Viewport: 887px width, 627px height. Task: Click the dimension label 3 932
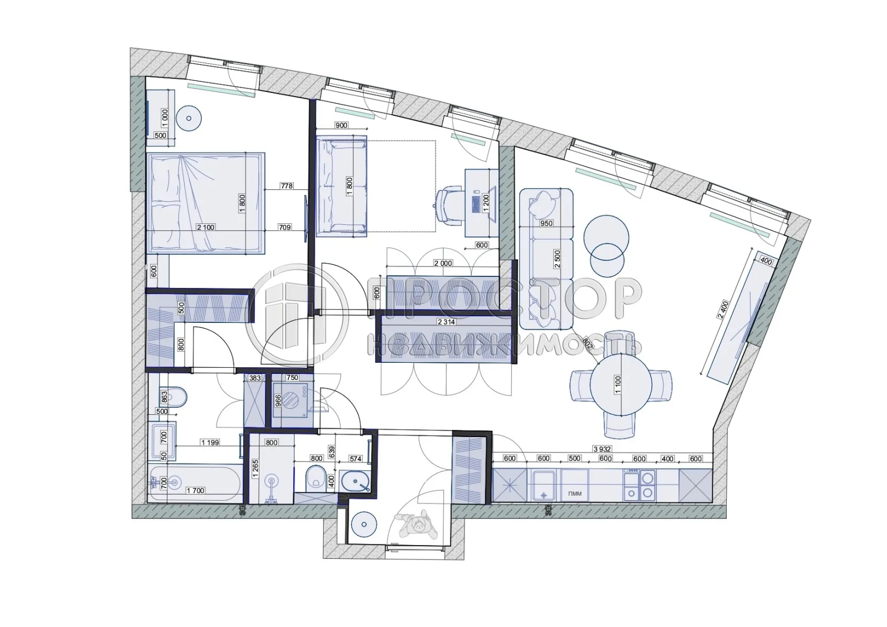click(603, 449)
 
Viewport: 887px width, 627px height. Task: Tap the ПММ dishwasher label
click(574, 493)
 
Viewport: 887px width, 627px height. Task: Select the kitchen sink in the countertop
click(544, 485)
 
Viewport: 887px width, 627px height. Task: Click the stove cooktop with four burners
click(639, 485)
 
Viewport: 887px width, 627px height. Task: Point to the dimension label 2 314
click(446, 322)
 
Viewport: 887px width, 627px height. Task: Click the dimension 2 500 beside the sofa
click(557, 259)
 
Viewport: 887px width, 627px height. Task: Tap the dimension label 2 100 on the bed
click(205, 227)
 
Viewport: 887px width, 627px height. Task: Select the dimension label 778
click(286, 186)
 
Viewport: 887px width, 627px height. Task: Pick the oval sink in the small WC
click(356, 481)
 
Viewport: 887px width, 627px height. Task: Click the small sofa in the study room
click(341, 187)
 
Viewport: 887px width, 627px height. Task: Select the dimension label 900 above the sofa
click(341, 125)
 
